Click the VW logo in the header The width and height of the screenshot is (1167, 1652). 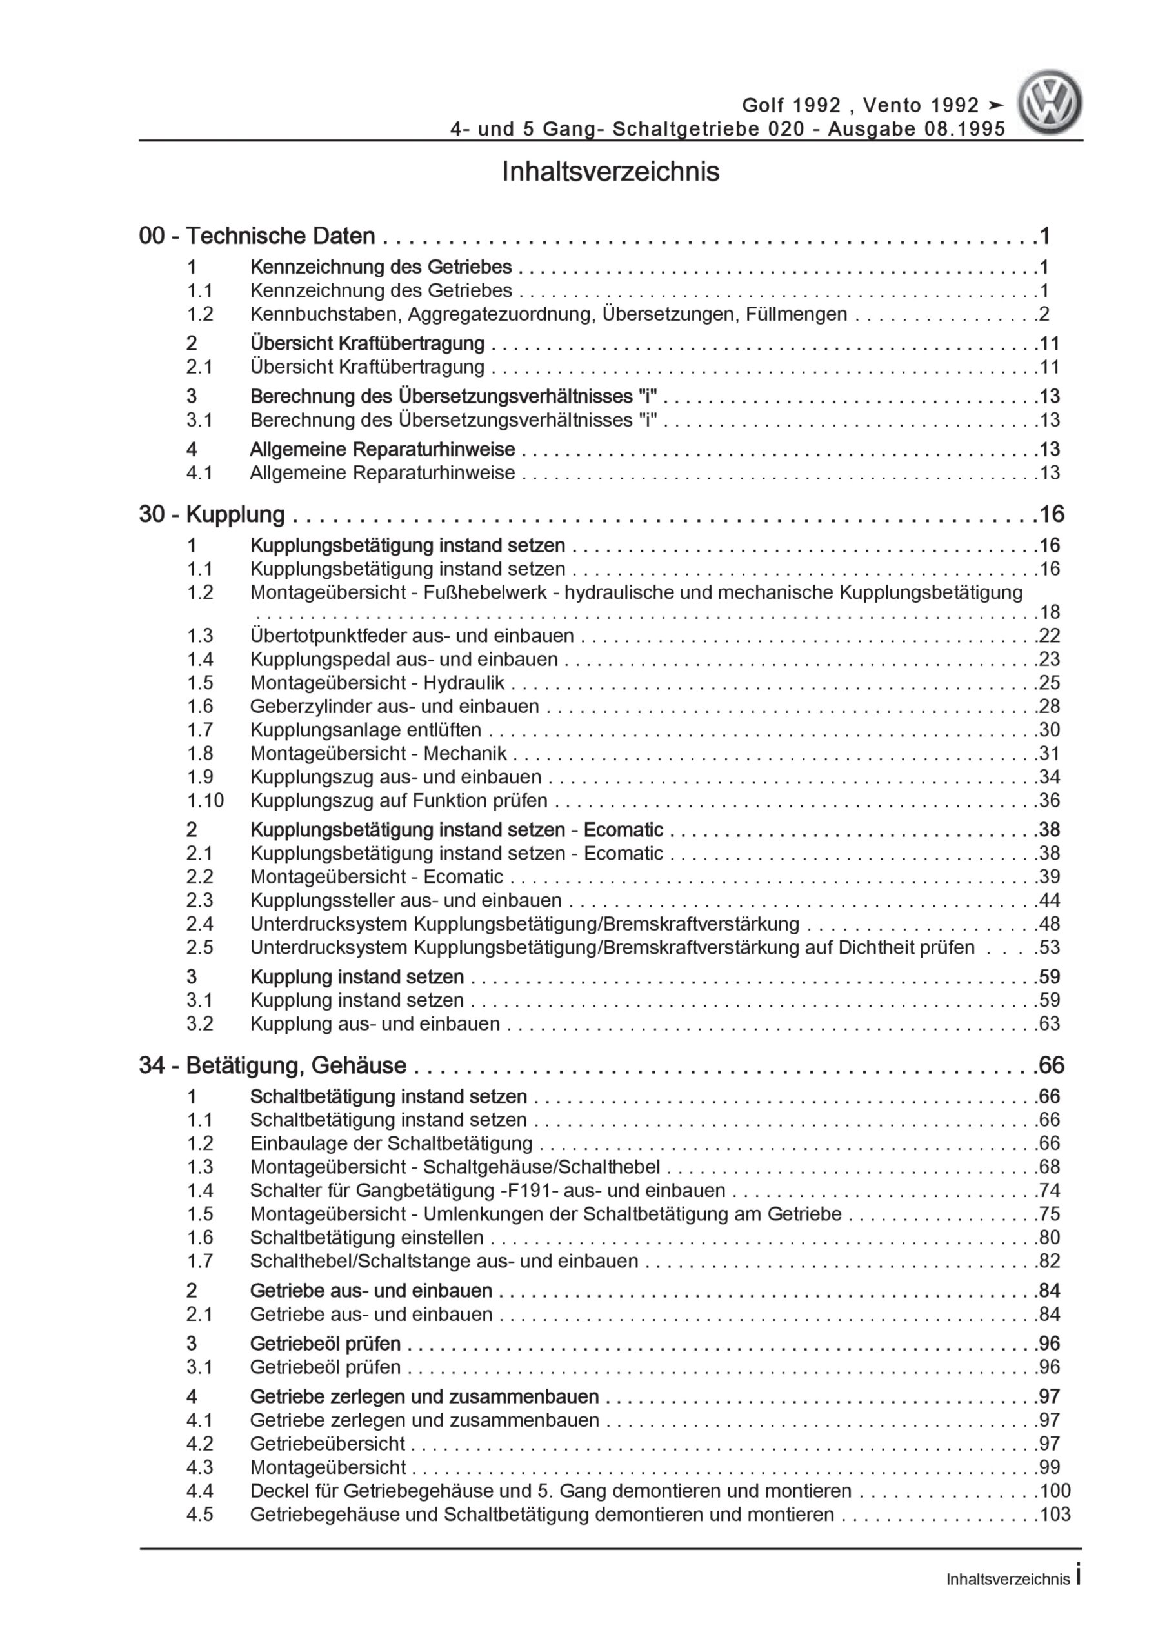coord(1050,102)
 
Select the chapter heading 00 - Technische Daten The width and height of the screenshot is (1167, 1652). coord(257,236)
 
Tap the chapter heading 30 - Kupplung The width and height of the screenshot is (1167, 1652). coord(212,514)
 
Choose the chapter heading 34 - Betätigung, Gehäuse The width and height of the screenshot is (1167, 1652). coord(273,1065)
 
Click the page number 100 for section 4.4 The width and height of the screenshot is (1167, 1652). coord(1055,1491)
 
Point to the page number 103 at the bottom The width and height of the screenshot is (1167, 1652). coord(1055,1515)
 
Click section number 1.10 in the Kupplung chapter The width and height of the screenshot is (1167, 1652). coord(205,801)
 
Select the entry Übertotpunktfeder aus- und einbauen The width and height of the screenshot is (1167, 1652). coord(412,636)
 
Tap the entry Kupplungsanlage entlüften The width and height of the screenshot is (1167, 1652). coord(366,730)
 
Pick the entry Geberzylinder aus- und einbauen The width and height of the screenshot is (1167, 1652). coord(394,707)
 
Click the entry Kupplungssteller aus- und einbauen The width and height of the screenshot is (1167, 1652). coord(406,901)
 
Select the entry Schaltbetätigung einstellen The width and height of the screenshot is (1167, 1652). coord(367,1238)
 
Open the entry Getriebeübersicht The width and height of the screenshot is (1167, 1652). coord(327,1444)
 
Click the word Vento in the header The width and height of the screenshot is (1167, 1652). coord(892,106)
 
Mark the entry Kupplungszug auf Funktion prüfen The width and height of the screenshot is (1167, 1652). coord(399,801)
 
